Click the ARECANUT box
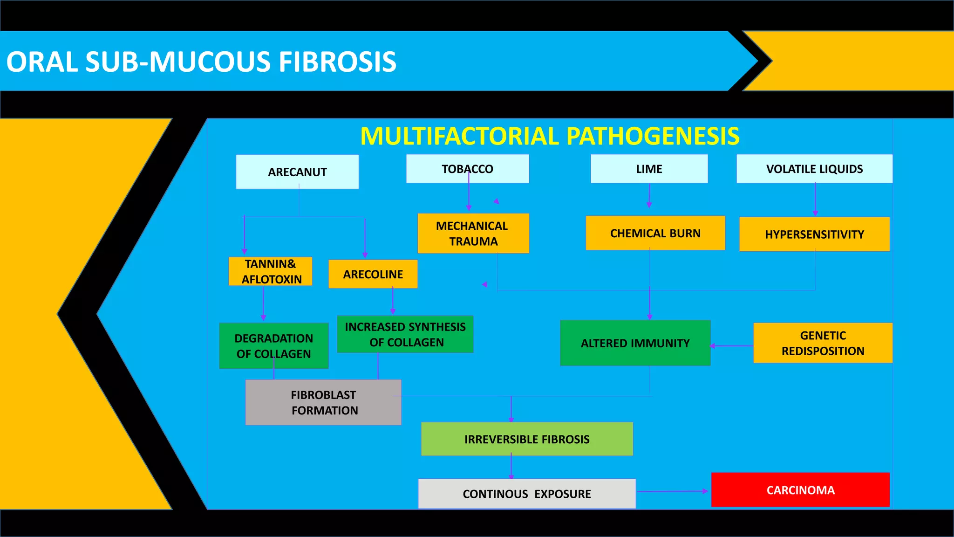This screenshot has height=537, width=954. click(297, 172)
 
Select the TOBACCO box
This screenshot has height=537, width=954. click(467, 169)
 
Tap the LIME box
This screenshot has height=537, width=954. click(649, 169)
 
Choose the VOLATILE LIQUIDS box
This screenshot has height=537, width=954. click(814, 169)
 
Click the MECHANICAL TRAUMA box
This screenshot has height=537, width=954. click(473, 234)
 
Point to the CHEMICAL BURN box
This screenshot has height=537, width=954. click(655, 233)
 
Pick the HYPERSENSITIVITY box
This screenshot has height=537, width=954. click(814, 234)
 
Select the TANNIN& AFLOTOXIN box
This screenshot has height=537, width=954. click(270, 271)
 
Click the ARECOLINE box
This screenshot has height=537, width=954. click(373, 274)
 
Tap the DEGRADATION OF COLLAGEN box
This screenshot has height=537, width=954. click(273, 346)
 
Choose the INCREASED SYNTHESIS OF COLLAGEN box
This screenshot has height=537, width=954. click(405, 334)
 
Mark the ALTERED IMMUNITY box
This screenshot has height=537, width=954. click(635, 343)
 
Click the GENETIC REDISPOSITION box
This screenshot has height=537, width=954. click(823, 343)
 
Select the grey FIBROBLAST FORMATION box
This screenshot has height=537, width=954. click(323, 402)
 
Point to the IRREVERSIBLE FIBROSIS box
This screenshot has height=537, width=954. click(527, 439)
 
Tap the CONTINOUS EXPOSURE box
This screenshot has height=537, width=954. click(527, 494)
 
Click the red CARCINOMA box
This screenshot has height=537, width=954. click(800, 490)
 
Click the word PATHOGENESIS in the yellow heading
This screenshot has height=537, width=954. click(653, 136)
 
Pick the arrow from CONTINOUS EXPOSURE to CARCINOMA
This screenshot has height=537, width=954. click(673, 491)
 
